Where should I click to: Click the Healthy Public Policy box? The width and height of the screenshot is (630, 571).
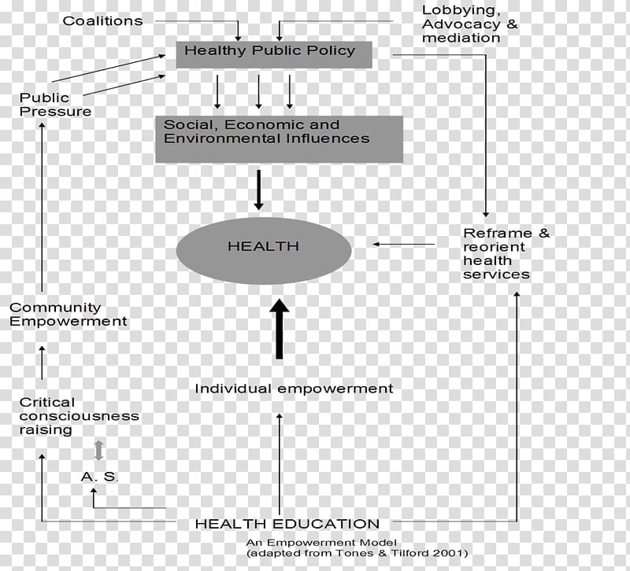(x=274, y=54)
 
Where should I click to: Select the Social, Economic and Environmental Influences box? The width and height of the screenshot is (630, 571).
(x=280, y=139)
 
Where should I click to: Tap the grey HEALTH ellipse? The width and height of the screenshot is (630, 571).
(x=264, y=251)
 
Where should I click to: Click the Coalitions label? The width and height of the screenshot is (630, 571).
(x=103, y=21)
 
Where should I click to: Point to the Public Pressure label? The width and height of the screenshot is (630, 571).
(x=55, y=105)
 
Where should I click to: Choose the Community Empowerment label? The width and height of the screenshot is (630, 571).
(x=68, y=314)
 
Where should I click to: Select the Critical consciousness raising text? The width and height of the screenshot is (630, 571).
(x=80, y=416)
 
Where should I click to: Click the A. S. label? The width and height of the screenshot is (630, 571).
(x=99, y=477)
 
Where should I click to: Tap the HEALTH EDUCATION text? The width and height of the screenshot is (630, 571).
(x=287, y=524)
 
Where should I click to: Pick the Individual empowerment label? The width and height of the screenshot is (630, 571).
(x=294, y=389)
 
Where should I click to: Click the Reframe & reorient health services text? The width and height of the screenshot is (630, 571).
(x=506, y=253)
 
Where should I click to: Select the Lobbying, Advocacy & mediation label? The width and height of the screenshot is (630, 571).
(x=469, y=24)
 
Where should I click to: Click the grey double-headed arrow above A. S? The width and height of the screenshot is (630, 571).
(x=98, y=450)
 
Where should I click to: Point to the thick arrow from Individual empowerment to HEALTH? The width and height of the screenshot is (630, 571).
(x=280, y=329)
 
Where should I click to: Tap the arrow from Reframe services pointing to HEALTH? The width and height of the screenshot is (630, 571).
(x=403, y=244)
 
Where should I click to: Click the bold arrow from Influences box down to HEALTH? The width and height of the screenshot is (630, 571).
(x=259, y=190)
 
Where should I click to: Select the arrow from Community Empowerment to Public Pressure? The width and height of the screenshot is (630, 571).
(x=42, y=207)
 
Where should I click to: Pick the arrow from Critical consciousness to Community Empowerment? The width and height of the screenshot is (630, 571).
(x=42, y=363)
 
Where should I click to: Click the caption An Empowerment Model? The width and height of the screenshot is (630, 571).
(x=321, y=543)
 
